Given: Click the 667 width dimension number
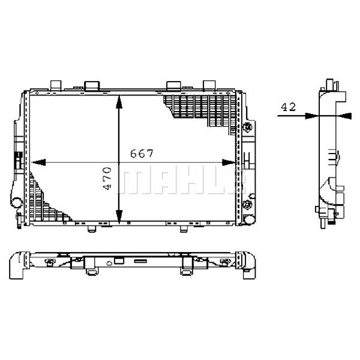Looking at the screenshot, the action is [142, 154].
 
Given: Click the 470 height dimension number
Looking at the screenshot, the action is [107, 179].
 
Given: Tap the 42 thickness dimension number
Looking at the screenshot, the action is [289, 107].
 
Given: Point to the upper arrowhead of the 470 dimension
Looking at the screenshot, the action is [119, 102].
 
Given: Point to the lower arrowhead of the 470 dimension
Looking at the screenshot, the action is [119, 217].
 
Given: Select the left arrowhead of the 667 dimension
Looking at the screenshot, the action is [38, 163].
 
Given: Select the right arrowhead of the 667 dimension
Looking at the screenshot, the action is [229, 163].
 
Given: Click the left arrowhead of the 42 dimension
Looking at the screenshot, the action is [312, 116].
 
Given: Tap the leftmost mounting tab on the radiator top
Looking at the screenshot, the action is [56, 85].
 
